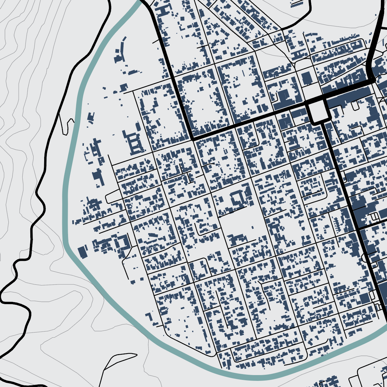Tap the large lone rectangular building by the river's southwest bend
pyautogui.click(x=83, y=252)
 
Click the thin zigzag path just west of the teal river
pyautogui.click(x=68, y=126)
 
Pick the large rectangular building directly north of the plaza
pyautogui.click(x=307, y=78)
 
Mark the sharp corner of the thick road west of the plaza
pyautogui.click(x=193, y=139)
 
